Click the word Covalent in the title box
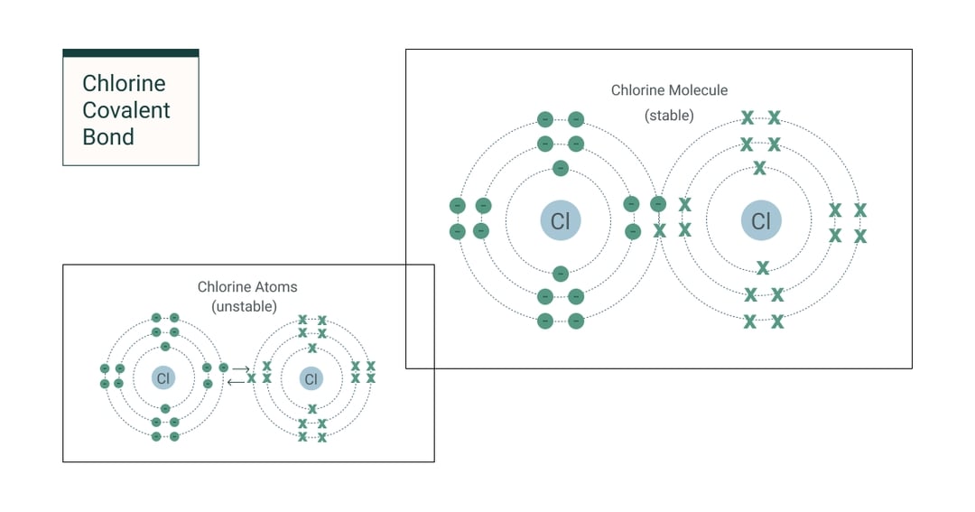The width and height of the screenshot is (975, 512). [x=126, y=110]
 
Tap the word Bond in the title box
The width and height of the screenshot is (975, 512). [x=108, y=137]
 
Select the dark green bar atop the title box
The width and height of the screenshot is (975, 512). [x=131, y=53]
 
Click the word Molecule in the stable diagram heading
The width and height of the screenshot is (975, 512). [x=698, y=90]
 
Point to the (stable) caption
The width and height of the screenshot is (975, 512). [x=669, y=116]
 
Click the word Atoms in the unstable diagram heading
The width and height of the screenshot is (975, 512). [x=275, y=287]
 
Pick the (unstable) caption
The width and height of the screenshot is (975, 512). [x=244, y=306]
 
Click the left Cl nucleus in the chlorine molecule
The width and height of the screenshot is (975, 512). [x=561, y=221]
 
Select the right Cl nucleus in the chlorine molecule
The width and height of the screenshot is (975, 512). [x=761, y=221]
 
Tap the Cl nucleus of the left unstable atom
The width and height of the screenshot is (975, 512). [x=163, y=378]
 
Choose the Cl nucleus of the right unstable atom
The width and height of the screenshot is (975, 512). [x=311, y=378]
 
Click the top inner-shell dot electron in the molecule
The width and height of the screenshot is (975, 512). [x=561, y=168]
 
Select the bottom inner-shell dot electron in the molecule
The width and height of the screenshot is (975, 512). [x=561, y=273]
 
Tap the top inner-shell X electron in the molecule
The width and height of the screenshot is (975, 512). [x=760, y=168]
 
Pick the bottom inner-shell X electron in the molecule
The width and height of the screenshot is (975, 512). [x=763, y=267]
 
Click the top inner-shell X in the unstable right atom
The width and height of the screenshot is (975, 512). [x=312, y=348]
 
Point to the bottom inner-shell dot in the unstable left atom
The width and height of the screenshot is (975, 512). [x=165, y=408]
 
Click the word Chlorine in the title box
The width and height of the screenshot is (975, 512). [x=124, y=84]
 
